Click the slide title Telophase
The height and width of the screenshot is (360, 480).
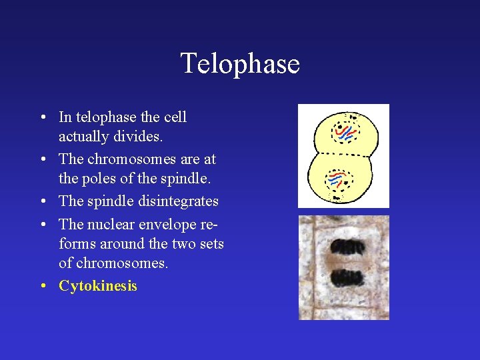240,64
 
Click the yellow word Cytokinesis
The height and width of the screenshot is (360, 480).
98,286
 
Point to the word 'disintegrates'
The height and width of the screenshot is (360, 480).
179,201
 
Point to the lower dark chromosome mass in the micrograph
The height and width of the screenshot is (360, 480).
343,277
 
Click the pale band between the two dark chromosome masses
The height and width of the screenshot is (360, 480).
343,262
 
